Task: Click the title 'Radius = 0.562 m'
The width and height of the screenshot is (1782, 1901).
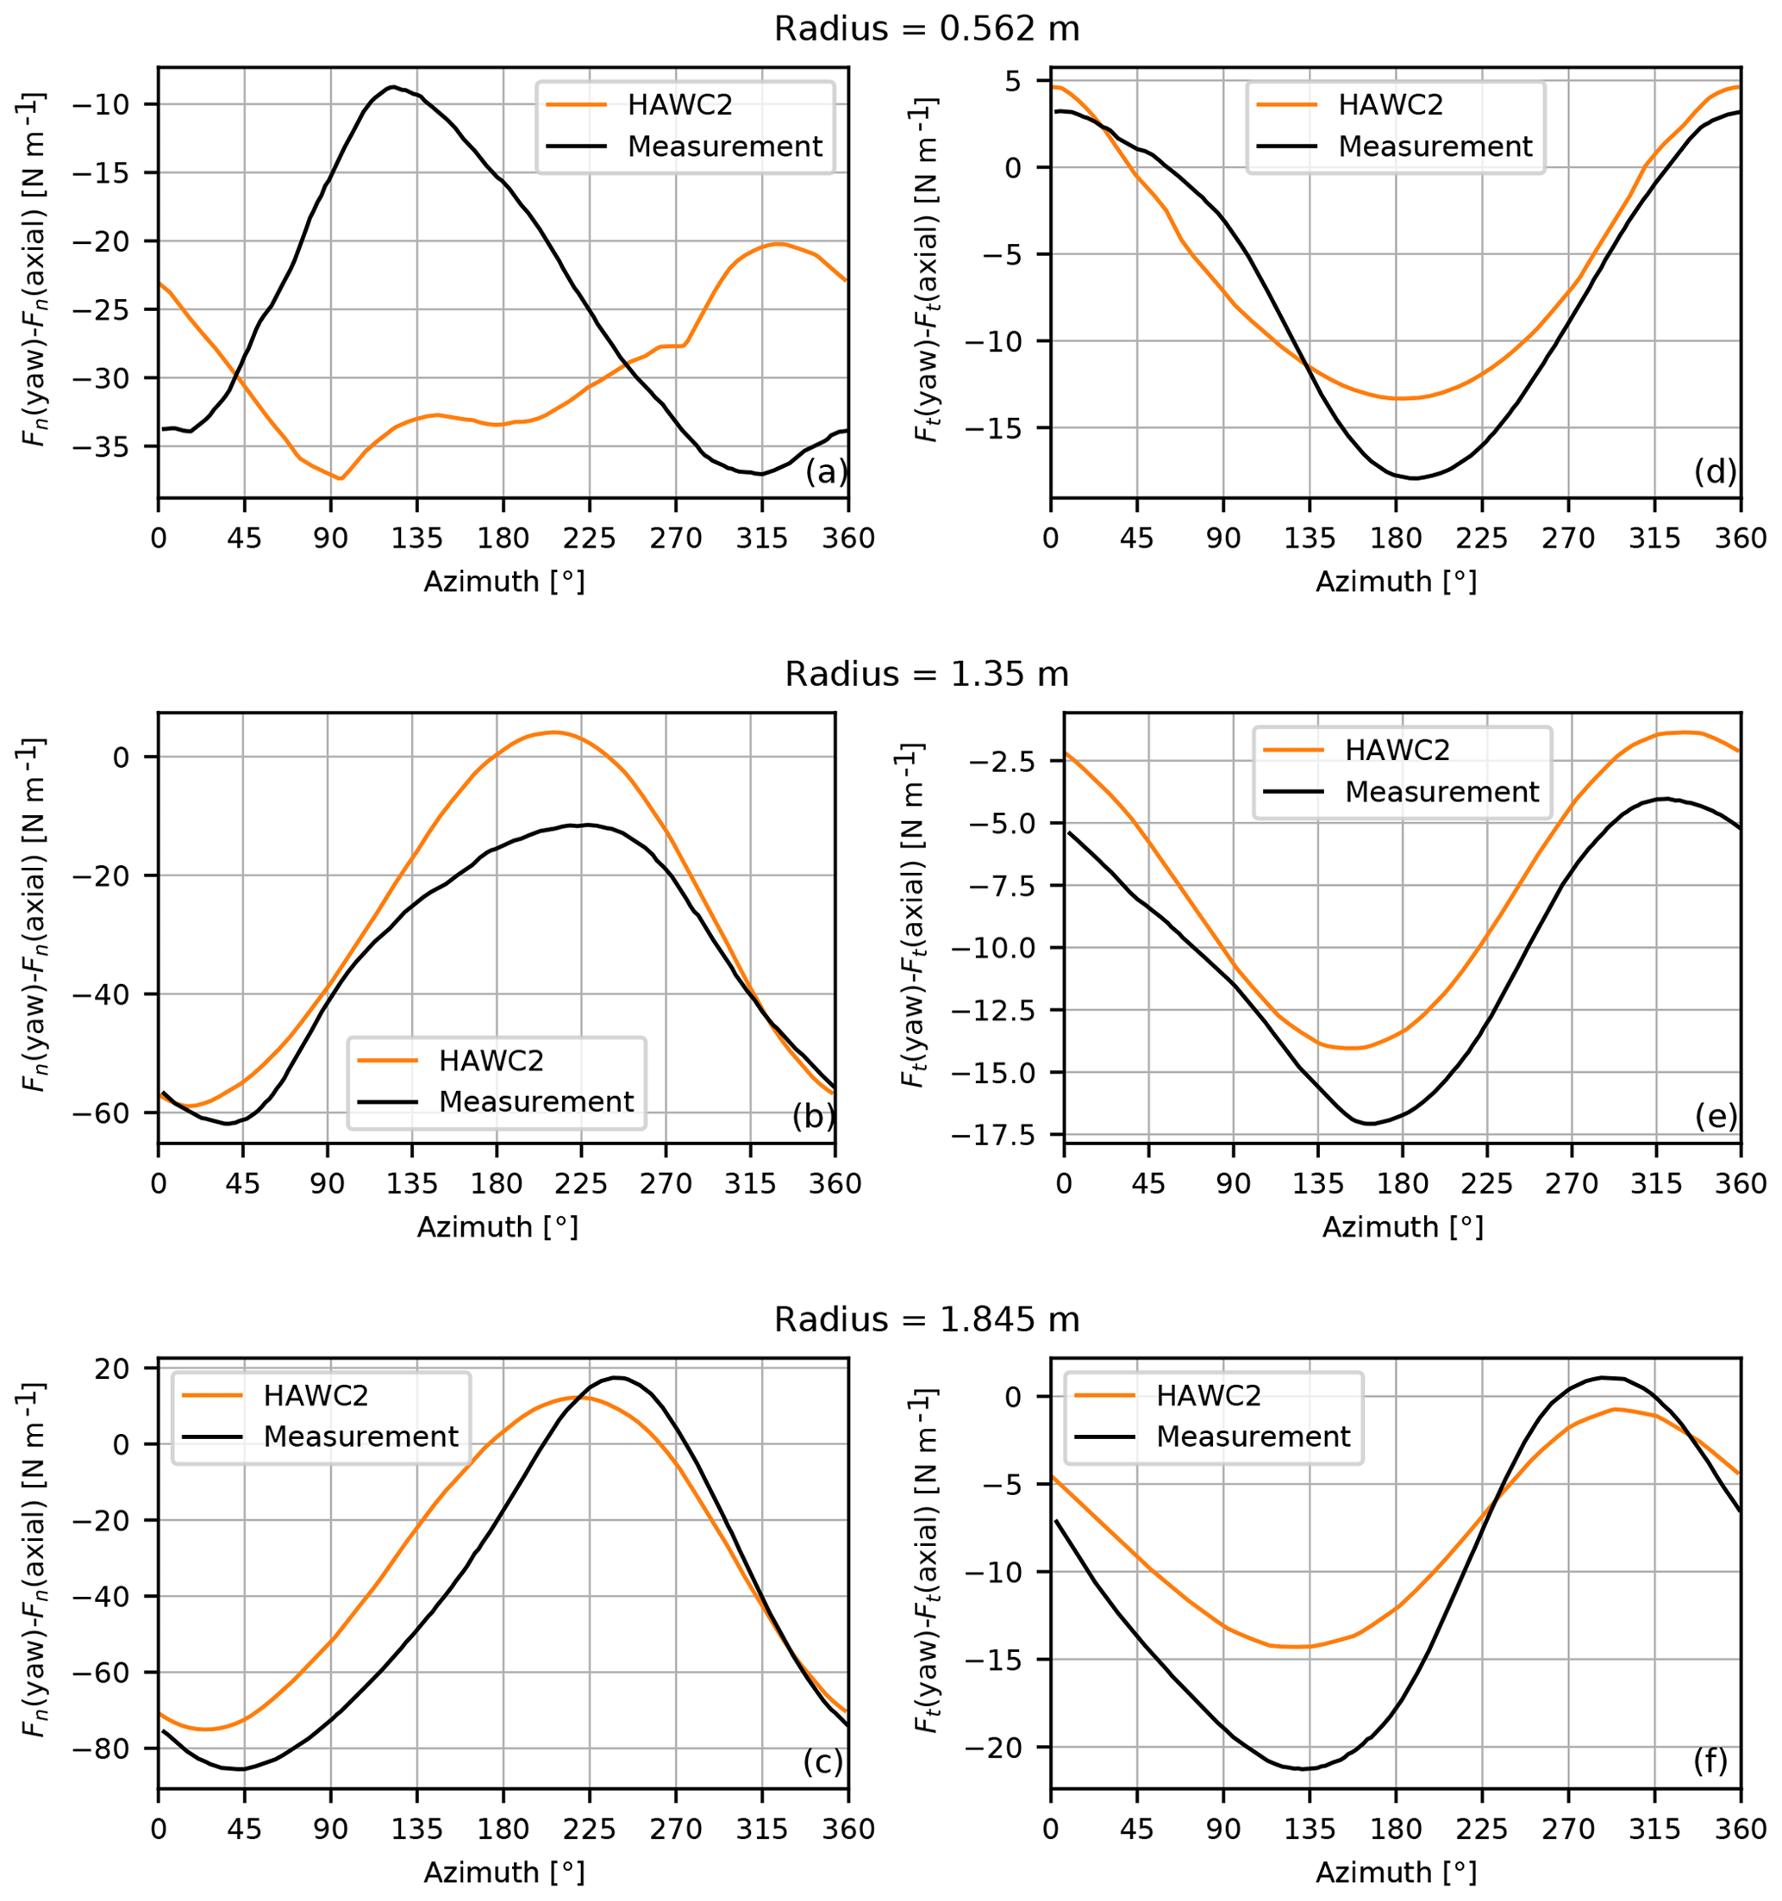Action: tap(926, 29)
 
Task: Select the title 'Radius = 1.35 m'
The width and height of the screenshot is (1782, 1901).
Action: tap(926, 675)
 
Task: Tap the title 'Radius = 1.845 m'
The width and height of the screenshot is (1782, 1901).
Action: tap(926, 1320)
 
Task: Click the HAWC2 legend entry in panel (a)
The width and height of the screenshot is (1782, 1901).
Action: tap(679, 105)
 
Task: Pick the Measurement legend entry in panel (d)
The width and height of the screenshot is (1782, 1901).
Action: tap(1434, 146)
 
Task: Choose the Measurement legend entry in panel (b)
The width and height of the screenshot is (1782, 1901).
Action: tap(535, 1101)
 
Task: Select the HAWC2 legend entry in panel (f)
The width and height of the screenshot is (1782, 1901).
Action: tap(1208, 1395)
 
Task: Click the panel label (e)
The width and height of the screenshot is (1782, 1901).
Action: tap(1716, 1116)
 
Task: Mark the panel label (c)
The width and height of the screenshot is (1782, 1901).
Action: tap(822, 1761)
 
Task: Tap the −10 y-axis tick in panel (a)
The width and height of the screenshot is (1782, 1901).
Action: tap(116, 104)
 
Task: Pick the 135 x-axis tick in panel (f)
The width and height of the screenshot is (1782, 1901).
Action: tap(1309, 1829)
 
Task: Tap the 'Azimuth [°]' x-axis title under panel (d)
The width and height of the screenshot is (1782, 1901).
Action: tap(1396, 582)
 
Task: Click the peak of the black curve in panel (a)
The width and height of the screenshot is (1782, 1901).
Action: tap(393, 87)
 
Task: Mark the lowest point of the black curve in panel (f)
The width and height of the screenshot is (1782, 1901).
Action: tap(1301, 1769)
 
